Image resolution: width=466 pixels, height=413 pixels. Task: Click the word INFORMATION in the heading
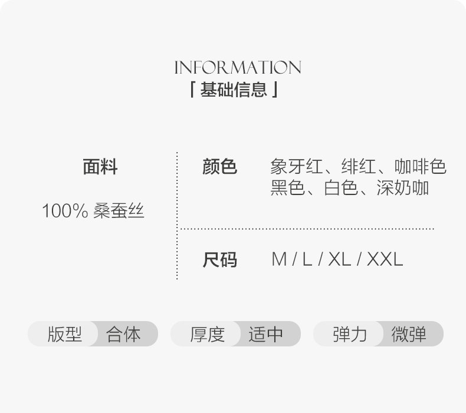pyautogui.click(x=237, y=67)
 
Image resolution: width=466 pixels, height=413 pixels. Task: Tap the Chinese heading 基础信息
pyautogui.click(x=234, y=90)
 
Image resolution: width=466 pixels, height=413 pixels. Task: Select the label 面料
pyautogui.click(x=100, y=167)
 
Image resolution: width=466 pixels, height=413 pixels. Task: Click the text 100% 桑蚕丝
pyautogui.click(x=93, y=211)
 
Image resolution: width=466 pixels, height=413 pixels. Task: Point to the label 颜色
pyautogui.click(x=219, y=167)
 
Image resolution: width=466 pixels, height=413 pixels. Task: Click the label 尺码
pyautogui.click(x=219, y=259)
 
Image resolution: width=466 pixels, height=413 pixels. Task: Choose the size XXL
pyautogui.click(x=385, y=259)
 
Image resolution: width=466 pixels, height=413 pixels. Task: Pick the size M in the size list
pyautogui.click(x=279, y=259)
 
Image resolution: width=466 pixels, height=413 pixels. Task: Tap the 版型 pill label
pyautogui.click(x=64, y=334)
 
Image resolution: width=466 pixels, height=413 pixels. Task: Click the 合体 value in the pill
pyautogui.click(x=124, y=334)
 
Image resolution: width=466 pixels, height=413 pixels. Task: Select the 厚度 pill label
pyautogui.click(x=207, y=334)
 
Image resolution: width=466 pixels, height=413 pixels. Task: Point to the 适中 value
pyautogui.click(x=266, y=334)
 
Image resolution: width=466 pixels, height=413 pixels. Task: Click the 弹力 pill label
pyautogui.click(x=350, y=334)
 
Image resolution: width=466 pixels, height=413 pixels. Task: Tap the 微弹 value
pyautogui.click(x=409, y=334)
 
